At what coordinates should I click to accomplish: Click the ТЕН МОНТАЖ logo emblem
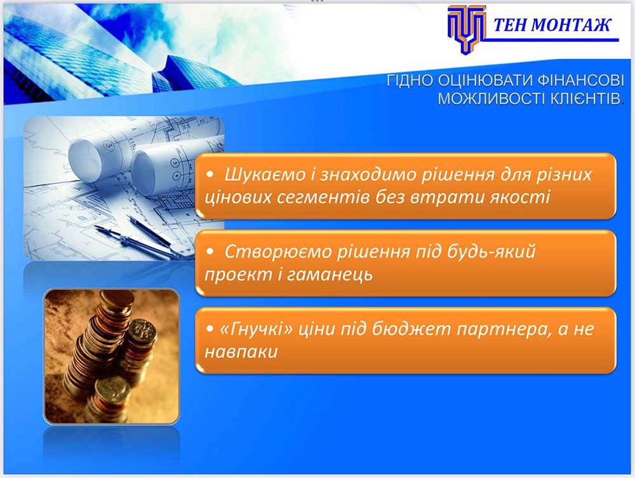coord(466,29)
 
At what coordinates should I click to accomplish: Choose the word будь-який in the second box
coord(491,251)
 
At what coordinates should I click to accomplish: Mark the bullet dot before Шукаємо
coord(210,175)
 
